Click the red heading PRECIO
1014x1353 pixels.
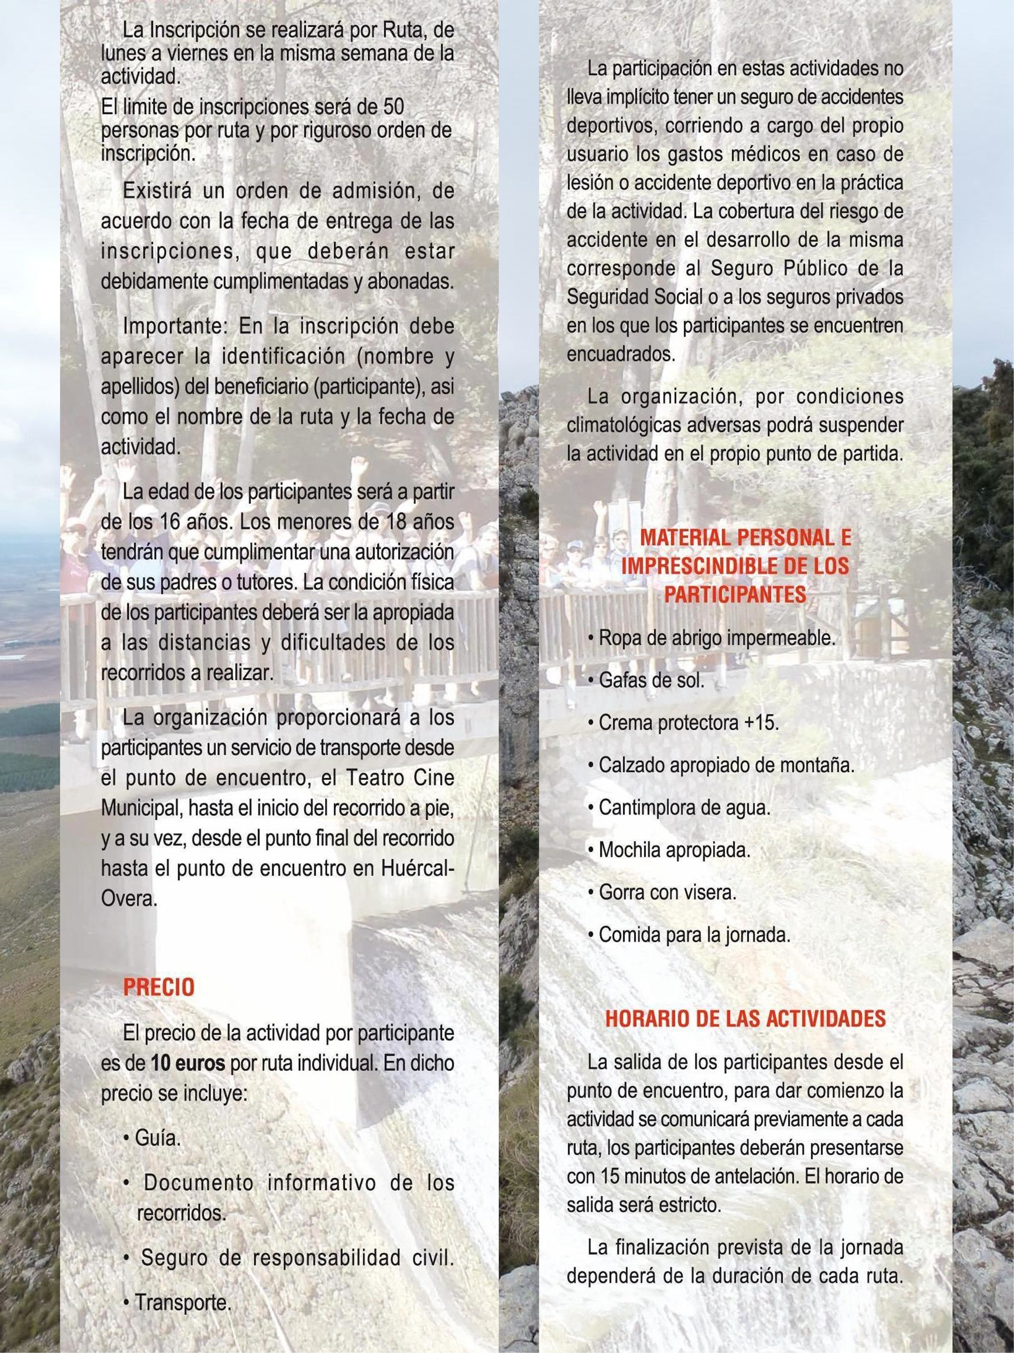[x=158, y=987]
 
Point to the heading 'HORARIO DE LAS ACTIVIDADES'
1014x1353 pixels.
[x=745, y=1018]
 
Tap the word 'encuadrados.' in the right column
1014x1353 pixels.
[x=621, y=355]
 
